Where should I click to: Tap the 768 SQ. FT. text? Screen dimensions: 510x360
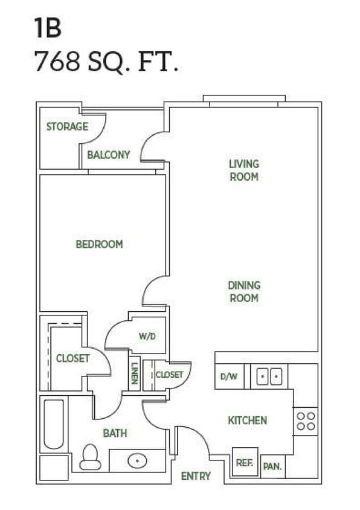point(106,62)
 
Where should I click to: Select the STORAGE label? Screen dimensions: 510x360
point(67,127)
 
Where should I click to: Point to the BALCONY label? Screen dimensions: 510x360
point(108,155)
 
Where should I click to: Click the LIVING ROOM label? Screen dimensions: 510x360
point(243,170)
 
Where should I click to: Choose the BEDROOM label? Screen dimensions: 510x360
point(99,244)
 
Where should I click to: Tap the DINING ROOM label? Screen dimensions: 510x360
point(243,291)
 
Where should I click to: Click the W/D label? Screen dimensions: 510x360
point(147,336)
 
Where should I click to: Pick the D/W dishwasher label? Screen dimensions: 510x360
point(228,376)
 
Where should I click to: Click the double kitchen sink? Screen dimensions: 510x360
point(269,376)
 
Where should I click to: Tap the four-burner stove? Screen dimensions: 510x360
point(306,421)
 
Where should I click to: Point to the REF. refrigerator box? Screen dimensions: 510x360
point(245,462)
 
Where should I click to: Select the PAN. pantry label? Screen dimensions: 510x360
point(272,466)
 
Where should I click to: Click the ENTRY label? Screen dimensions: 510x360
point(196,476)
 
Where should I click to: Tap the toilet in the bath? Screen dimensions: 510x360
point(91,457)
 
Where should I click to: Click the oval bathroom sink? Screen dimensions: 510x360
point(137,460)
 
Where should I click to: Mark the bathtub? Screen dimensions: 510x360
point(54,424)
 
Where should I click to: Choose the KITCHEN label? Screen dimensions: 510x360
point(247,420)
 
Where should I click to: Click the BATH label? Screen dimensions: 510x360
point(115,433)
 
